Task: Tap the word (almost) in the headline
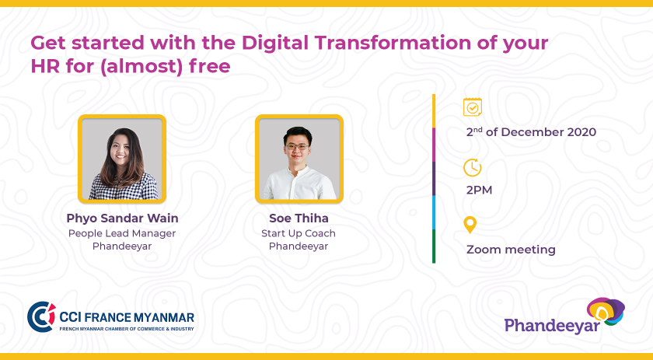coord(141,67)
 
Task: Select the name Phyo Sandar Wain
coord(123,218)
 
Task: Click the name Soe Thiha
coord(299,218)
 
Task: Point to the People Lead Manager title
coord(122,233)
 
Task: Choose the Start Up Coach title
coord(299,233)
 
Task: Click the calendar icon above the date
coord(473,107)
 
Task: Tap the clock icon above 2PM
coord(472,168)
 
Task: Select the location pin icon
coord(470,225)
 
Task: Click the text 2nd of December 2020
coord(531,132)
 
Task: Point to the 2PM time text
coord(479,190)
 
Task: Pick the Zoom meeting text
coord(511,250)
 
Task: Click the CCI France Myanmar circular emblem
coord(41,316)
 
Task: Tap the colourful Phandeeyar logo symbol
coord(606,311)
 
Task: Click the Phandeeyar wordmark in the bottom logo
coord(552,326)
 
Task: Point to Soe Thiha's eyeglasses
coord(297,147)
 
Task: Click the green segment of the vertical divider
coord(434,246)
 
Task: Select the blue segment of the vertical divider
coord(434,212)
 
